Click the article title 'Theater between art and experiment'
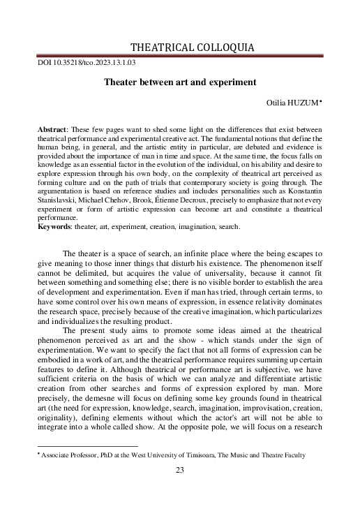(x=180, y=82)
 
